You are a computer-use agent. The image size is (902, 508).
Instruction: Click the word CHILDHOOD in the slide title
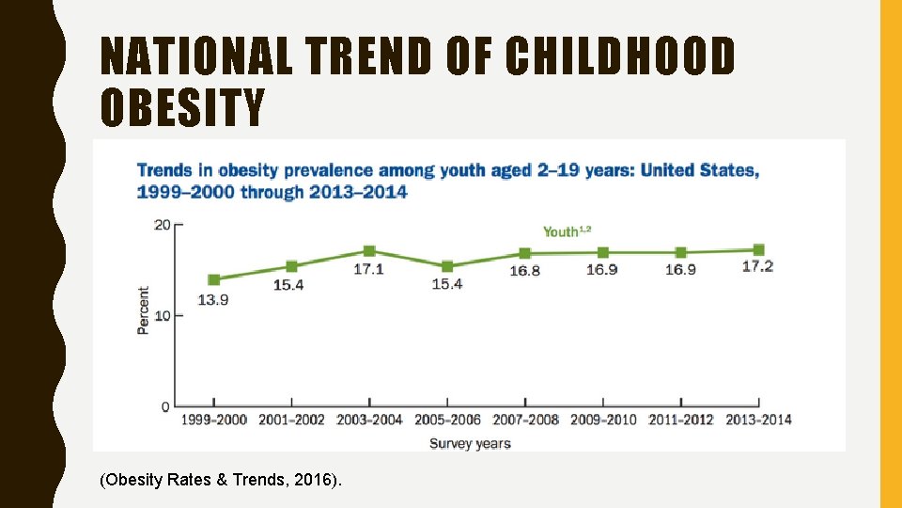(x=620, y=56)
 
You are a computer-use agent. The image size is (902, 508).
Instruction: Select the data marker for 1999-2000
(x=214, y=279)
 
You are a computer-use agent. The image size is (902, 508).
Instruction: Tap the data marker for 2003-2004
(x=369, y=251)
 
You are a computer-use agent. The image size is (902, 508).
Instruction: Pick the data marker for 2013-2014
(x=758, y=250)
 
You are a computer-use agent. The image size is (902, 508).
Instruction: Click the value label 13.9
(x=213, y=300)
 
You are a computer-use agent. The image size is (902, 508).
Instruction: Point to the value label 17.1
(x=368, y=269)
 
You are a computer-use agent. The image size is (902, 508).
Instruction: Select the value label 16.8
(x=524, y=271)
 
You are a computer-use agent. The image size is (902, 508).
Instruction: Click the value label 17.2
(x=757, y=266)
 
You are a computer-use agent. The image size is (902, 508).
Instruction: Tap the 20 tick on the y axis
(x=163, y=224)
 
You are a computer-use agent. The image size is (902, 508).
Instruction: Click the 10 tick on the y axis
(x=163, y=315)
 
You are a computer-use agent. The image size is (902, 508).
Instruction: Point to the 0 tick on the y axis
(x=165, y=406)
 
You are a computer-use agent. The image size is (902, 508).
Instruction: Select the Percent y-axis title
(x=143, y=310)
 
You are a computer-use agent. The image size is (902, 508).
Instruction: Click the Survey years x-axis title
(x=470, y=443)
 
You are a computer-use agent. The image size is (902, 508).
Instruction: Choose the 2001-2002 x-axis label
(x=291, y=420)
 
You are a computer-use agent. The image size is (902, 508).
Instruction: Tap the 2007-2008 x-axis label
(x=524, y=420)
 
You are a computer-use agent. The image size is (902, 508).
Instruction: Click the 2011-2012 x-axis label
(x=680, y=420)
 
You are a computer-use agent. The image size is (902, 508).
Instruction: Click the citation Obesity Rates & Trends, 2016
(x=221, y=481)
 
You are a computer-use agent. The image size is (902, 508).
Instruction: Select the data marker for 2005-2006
(x=447, y=267)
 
